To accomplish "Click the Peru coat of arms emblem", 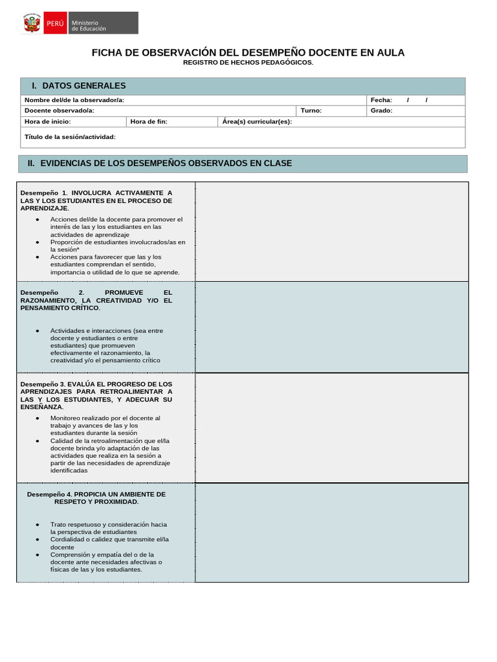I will [32, 23].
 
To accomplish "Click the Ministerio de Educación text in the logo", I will [89, 26].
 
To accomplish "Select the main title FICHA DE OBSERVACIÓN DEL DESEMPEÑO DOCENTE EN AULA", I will [248, 52].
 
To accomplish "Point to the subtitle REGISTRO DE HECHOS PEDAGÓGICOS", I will [248, 62].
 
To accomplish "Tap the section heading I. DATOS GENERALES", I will [79, 86].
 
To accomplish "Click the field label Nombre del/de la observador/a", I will [74, 100].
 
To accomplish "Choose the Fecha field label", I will [381, 100].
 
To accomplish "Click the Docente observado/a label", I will [60, 111].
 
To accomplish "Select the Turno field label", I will [311, 111].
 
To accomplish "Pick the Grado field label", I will [381, 111].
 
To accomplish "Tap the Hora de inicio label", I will [47, 122].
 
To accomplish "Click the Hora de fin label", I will [149, 122].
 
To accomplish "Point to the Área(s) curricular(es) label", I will [257, 122].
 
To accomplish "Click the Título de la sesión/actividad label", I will [70, 137].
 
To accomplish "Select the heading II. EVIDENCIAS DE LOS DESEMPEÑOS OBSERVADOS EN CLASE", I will [160, 164].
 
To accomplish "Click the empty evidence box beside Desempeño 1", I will [331, 231].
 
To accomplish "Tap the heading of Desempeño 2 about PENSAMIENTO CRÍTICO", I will [96, 300].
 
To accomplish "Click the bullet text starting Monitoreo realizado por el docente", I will [105, 418].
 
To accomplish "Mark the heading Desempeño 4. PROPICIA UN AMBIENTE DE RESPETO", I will [96, 498].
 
